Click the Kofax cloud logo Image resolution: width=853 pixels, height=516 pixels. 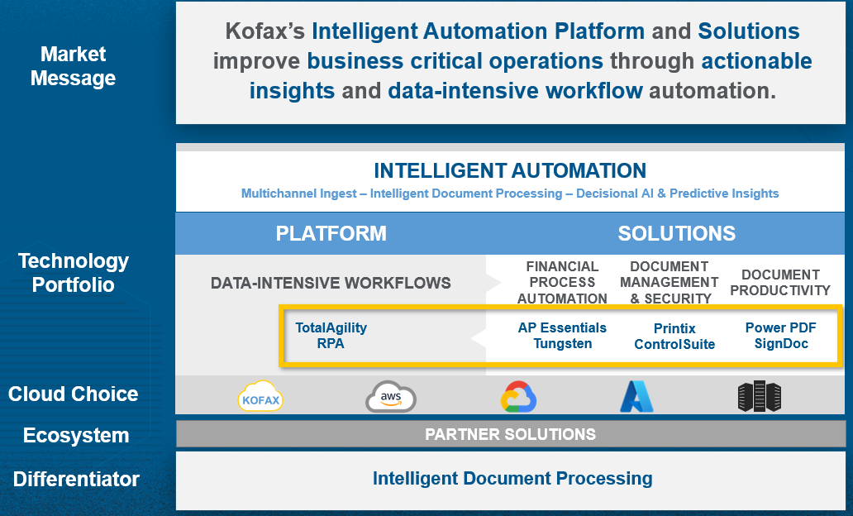[260, 396]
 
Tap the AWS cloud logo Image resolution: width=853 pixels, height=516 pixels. [391, 396]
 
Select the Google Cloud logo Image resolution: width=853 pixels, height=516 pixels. [518, 396]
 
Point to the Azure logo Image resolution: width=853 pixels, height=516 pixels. [636, 396]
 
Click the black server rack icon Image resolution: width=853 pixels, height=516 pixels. [760, 396]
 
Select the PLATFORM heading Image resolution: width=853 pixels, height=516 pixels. [331, 233]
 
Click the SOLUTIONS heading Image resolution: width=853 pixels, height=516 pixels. [676, 233]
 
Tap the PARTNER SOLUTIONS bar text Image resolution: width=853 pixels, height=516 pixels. [510, 434]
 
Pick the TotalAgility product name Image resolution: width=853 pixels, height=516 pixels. [331, 327]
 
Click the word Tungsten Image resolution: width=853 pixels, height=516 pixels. [563, 343]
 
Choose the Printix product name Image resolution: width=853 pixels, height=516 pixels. [674, 328]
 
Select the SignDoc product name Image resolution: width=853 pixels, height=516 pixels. [781, 343]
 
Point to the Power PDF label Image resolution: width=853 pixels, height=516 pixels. [780, 327]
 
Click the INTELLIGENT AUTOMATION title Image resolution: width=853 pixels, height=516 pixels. [510, 171]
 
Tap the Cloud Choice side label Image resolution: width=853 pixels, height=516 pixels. [73, 394]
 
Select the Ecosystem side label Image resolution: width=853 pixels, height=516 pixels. [75, 436]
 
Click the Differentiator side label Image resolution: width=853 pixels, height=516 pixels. [76, 479]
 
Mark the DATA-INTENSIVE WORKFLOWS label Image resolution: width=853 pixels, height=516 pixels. [331, 283]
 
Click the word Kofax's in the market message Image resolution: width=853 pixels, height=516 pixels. [265, 31]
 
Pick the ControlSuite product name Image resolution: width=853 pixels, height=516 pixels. [674, 344]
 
